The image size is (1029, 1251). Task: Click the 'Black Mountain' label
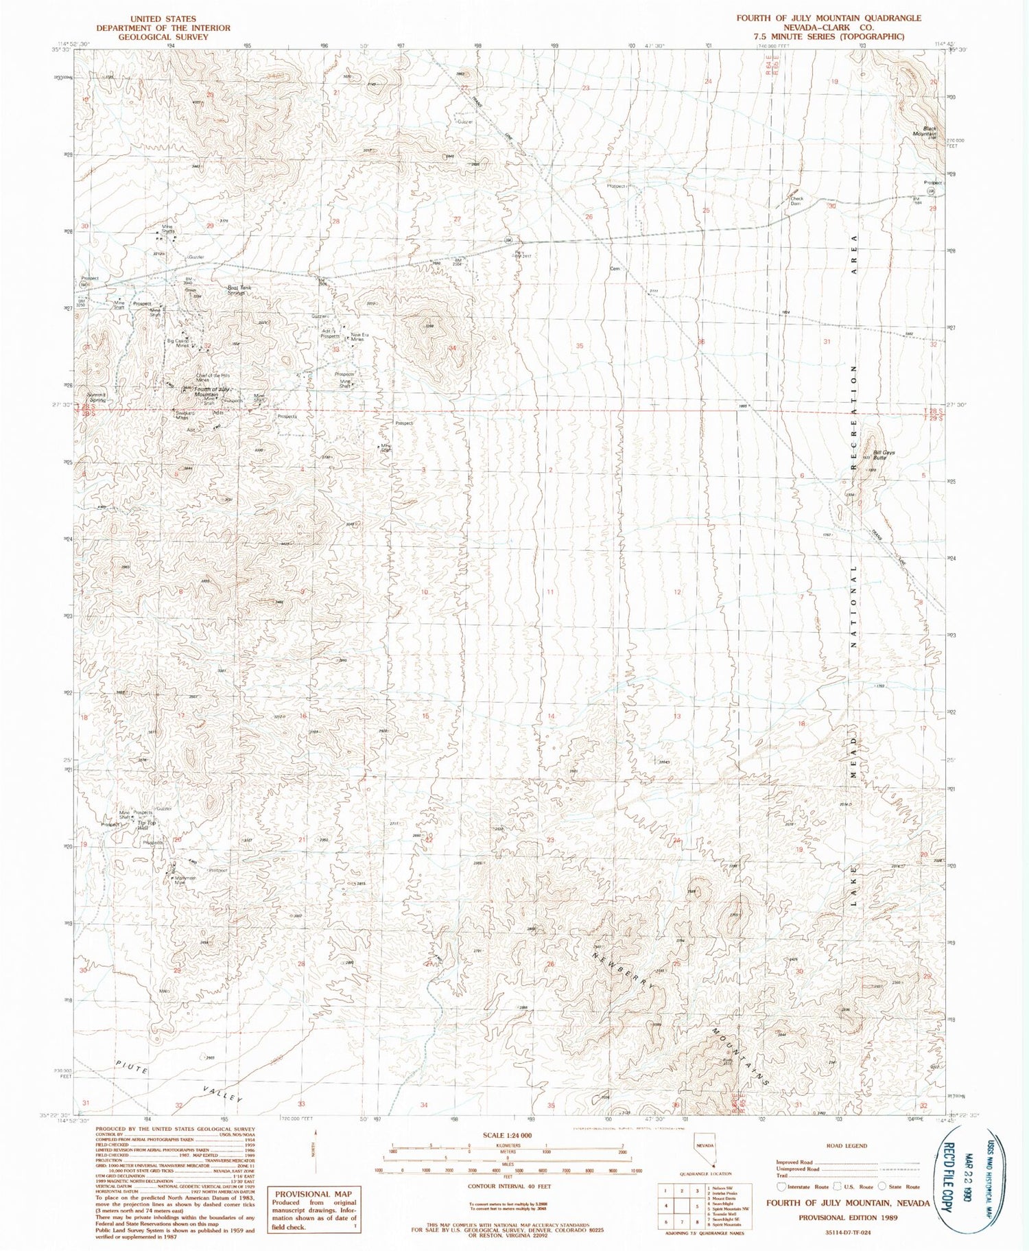930,130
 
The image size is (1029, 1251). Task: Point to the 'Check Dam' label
796,201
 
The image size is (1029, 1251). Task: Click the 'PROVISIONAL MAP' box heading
314,1193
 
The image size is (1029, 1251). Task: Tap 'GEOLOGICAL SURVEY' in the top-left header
163,37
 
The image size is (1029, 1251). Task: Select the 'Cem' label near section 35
615,268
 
